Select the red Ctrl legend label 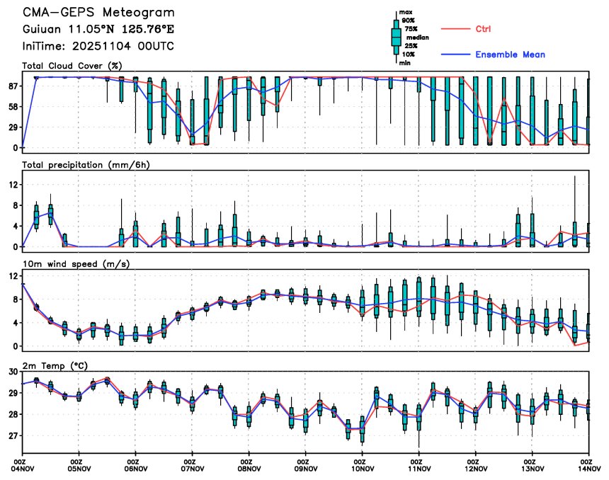484,29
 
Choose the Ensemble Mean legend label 510,55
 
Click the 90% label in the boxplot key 409,21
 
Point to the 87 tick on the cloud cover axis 13,86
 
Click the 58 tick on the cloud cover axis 13,106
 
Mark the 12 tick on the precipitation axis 13,185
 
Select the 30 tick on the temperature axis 13,372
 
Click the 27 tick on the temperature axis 13,436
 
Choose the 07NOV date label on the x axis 193,468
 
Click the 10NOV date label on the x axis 362,468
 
